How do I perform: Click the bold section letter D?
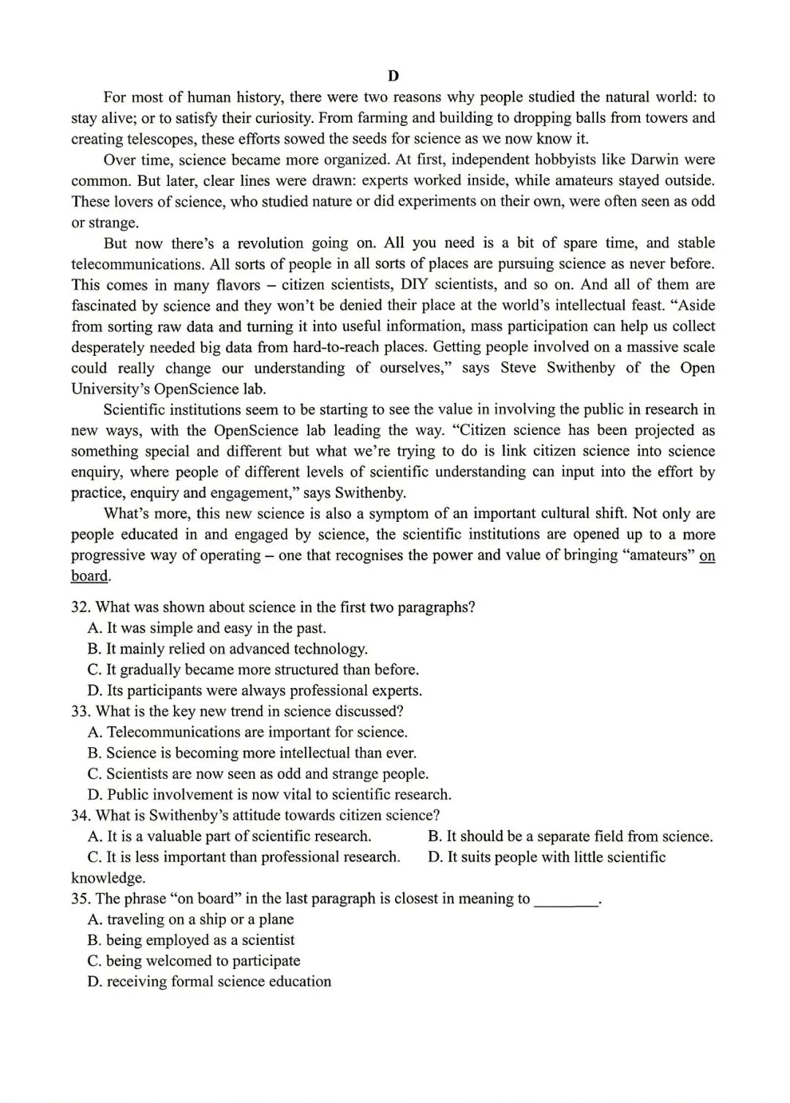[394, 76]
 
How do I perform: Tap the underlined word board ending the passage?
[89, 576]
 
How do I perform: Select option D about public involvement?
[269, 795]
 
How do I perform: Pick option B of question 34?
[570, 837]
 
